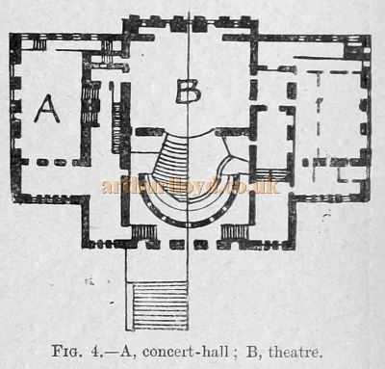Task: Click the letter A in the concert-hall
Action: click(47, 110)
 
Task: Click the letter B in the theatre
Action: click(189, 92)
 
